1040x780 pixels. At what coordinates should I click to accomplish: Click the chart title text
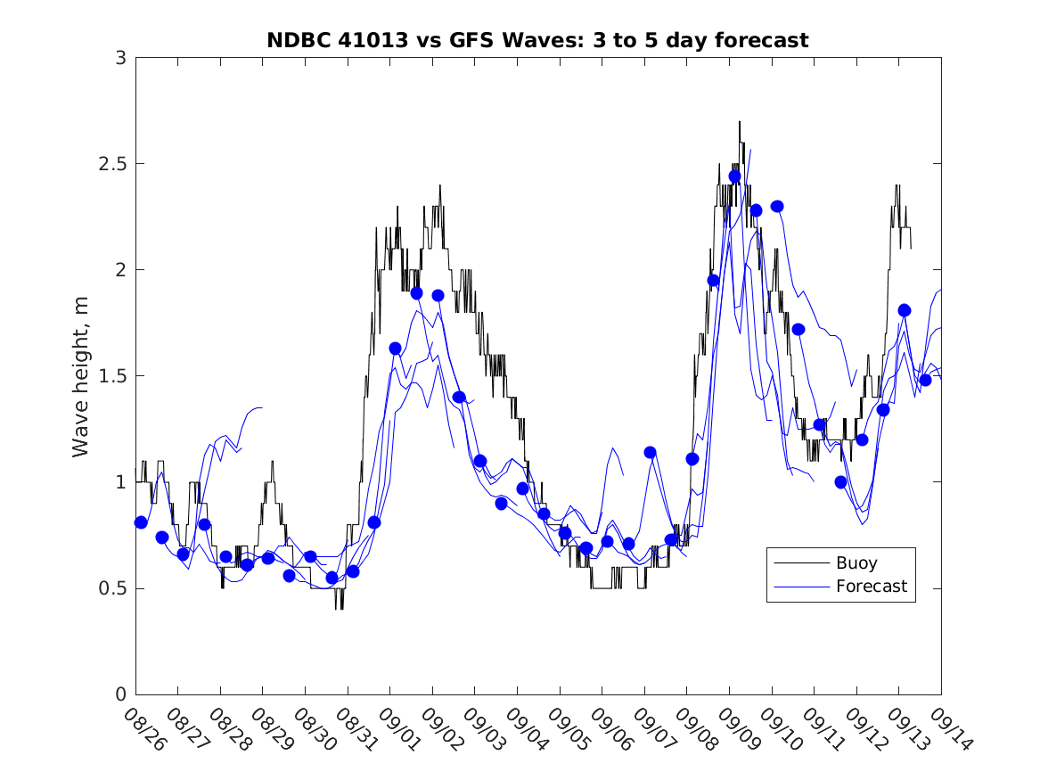pyautogui.click(x=537, y=40)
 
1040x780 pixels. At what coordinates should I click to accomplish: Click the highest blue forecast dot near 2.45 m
pyautogui.click(x=734, y=177)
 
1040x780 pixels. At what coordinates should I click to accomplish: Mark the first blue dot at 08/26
pyautogui.click(x=141, y=522)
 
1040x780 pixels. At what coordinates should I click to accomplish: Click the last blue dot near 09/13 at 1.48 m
pyautogui.click(x=925, y=380)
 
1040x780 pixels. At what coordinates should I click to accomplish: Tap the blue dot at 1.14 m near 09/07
pyautogui.click(x=650, y=452)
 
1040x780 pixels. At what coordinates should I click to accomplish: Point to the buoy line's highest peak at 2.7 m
pyautogui.click(x=739, y=123)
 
